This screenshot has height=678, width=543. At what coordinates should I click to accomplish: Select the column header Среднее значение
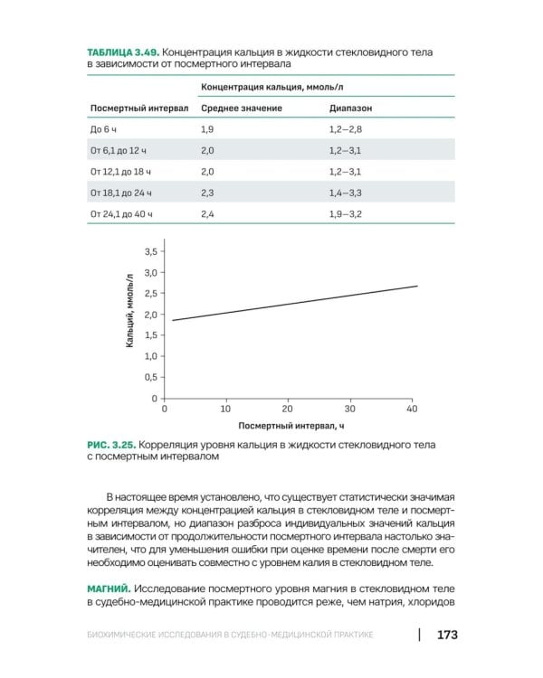tap(242, 108)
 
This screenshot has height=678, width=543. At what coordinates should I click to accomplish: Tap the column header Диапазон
tap(351, 108)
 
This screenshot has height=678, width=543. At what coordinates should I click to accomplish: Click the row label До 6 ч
tap(105, 130)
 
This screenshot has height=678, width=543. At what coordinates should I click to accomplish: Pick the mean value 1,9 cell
tap(207, 130)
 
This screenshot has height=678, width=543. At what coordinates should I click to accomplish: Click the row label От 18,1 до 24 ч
tap(122, 193)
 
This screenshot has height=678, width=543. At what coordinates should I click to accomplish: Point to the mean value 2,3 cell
tap(207, 193)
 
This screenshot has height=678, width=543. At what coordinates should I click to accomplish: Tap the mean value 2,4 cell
tap(207, 213)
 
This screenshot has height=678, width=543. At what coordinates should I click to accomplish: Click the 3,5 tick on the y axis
tap(150, 250)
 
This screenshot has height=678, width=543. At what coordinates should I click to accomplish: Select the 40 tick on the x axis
tap(412, 409)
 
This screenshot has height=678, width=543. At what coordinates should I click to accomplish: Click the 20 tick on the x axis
tap(288, 409)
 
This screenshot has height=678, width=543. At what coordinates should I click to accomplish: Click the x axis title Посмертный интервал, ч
tap(292, 424)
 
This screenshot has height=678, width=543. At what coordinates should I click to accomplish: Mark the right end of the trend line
tap(417, 286)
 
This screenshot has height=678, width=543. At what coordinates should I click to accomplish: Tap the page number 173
tap(447, 634)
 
